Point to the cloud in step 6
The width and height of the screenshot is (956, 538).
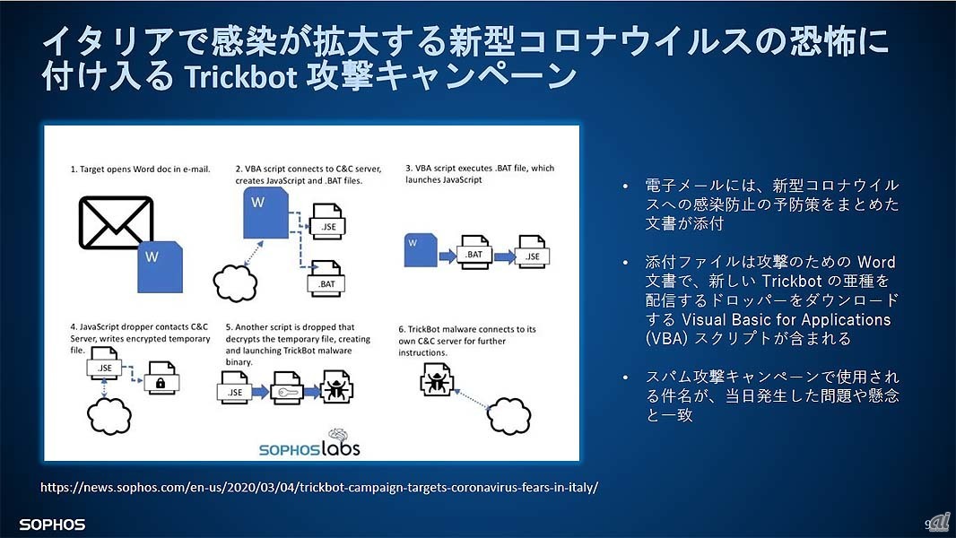[508, 415]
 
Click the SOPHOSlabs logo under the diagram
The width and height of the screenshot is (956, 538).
[309, 443]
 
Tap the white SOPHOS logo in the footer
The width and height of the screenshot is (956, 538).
[51, 524]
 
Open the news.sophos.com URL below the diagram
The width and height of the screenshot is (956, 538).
[319, 488]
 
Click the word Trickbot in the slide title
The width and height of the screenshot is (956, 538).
[241, 77]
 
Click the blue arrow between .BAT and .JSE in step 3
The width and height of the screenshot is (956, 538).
[502, 255]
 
